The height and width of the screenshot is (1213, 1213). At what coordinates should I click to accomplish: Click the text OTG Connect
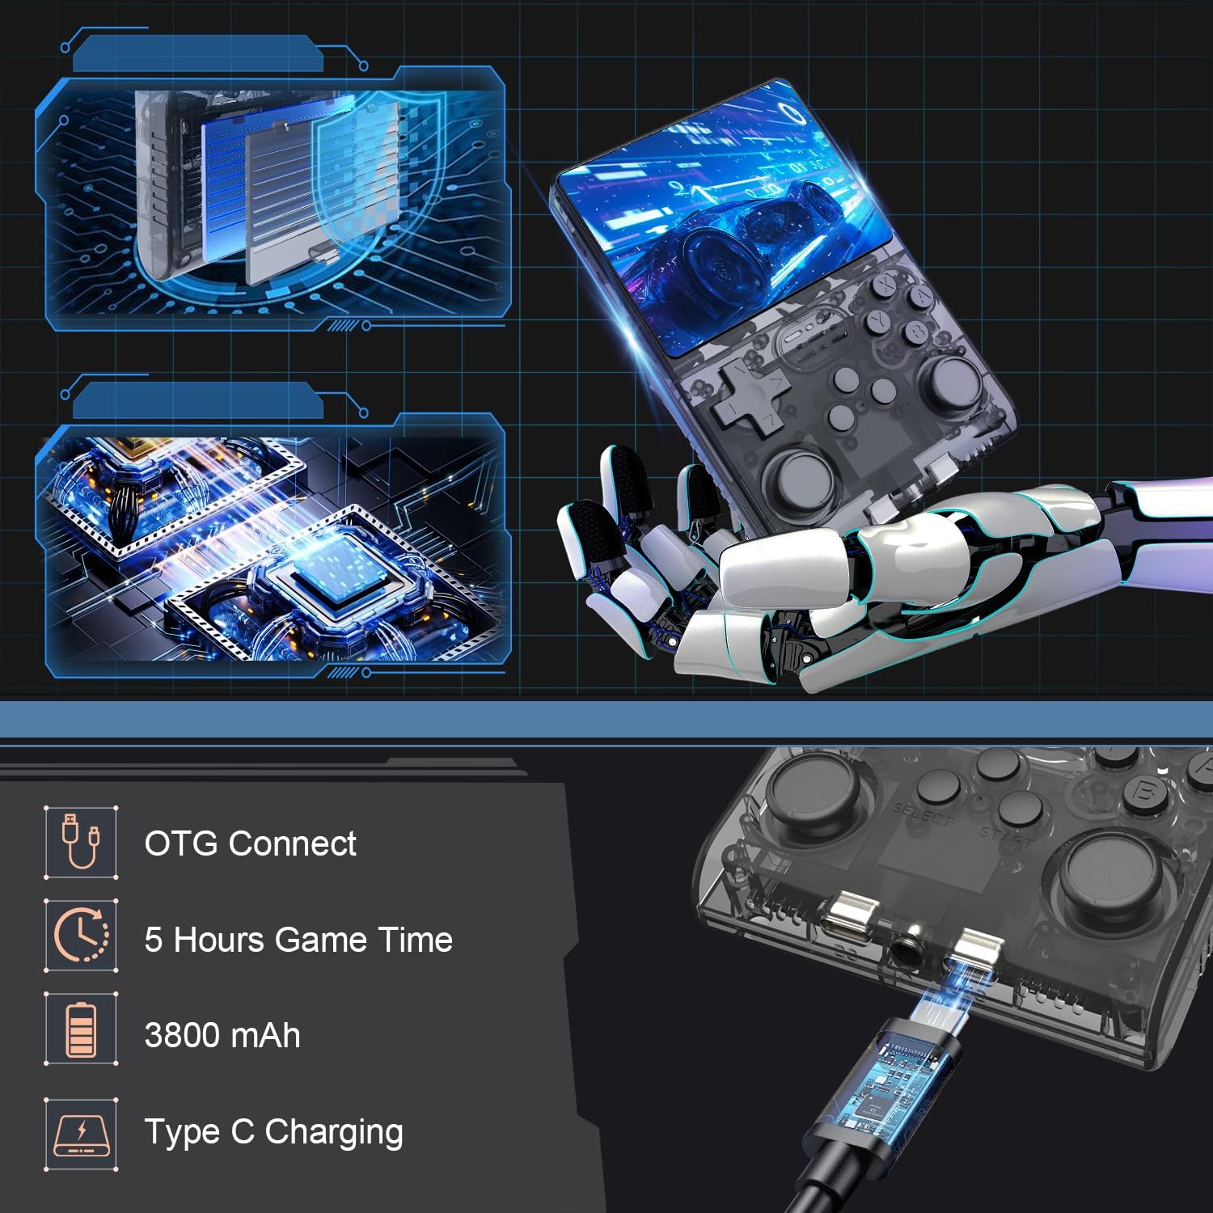coord(250,843)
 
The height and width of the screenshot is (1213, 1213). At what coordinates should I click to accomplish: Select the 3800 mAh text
coord(222,1035)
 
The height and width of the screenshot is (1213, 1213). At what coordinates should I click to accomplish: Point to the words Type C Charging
coord(273,1132)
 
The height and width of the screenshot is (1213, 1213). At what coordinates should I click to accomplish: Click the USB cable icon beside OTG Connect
coord(81,841)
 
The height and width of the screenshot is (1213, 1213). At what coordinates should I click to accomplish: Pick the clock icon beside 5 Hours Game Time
coord(81,936)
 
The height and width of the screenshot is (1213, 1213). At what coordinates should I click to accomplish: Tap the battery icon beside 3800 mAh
coord(81,1029)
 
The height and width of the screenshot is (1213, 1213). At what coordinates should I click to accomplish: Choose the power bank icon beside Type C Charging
coord(81,1130)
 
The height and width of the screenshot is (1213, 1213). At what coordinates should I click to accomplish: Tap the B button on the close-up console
coord(1144,791)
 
